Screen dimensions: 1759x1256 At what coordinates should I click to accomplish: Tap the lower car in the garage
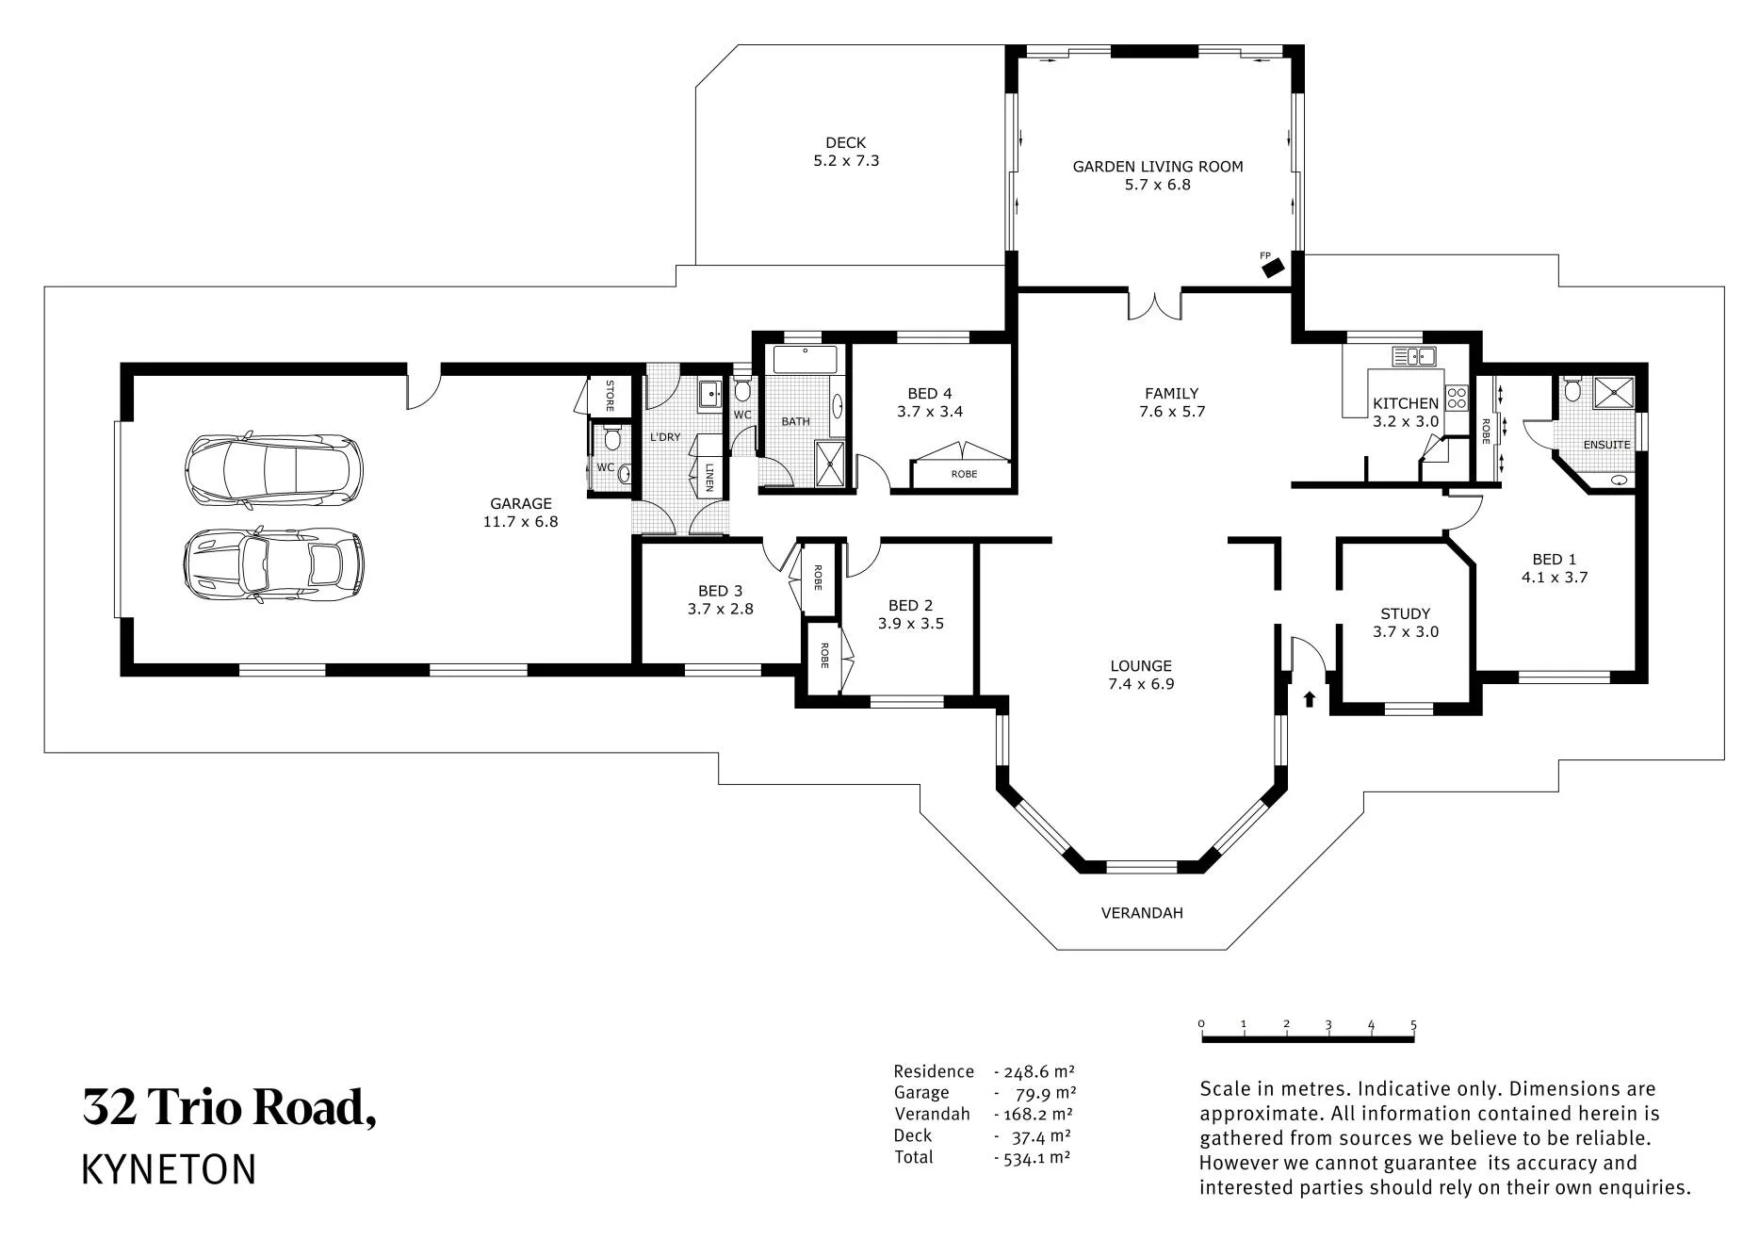(x=273, y=564)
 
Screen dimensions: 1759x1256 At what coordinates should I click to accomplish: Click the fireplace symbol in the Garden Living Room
(x=1274, y=269)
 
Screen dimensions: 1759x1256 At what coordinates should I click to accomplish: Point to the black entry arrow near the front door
(x=1309, y=699)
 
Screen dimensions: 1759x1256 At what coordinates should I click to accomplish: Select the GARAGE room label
(x=521, y=503)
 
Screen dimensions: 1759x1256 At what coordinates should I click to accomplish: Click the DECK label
(x=846, y=143)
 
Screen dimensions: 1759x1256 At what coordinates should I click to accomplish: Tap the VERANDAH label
(x=1142, y=913)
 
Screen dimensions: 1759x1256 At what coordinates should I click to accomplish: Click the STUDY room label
(x=1406, y=613)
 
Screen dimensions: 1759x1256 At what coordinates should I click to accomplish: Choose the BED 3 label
(x=721, y=591)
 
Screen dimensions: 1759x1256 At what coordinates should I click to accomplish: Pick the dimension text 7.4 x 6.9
(x=1142, y=684)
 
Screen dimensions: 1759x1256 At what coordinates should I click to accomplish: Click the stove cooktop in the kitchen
(x=1458, y=397)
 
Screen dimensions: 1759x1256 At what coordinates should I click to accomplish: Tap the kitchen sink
(x=1414, y=356)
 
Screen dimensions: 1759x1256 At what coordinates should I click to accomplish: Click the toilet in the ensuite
(x=1572, y=388)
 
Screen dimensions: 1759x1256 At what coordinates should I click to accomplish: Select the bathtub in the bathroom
(x=806, y=361)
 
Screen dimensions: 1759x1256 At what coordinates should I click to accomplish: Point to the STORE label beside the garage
(x=610, y=396)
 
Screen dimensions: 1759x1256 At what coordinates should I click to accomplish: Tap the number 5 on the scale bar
(x=1413, y=1025)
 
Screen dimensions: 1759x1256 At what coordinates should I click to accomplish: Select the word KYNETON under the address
(x=170, y=1169)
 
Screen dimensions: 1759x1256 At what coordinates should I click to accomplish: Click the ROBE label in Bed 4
(x=964, y=474)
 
